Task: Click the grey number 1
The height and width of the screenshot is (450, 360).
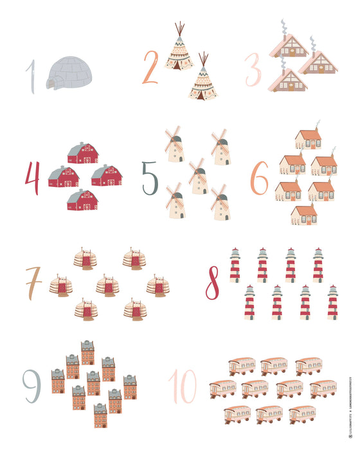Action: click(30, 76)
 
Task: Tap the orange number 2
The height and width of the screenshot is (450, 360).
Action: click(150, 67)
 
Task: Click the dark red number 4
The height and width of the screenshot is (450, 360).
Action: click(32, 177)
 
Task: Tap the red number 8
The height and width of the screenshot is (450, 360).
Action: click(213, 283)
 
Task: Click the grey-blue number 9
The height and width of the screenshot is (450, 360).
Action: click(31, 386)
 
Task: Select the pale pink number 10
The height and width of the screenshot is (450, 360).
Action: click(183, 386)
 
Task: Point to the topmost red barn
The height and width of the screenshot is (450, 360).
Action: click(82, 153)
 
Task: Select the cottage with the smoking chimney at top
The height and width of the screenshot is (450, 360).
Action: click(307, 138)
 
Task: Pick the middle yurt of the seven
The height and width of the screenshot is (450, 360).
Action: click(107, 285)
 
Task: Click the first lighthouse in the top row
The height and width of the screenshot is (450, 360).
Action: click(235, 265)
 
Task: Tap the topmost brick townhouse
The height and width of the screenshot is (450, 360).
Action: click(87, 353)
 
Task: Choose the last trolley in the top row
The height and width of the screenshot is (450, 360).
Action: click(309, 366)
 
